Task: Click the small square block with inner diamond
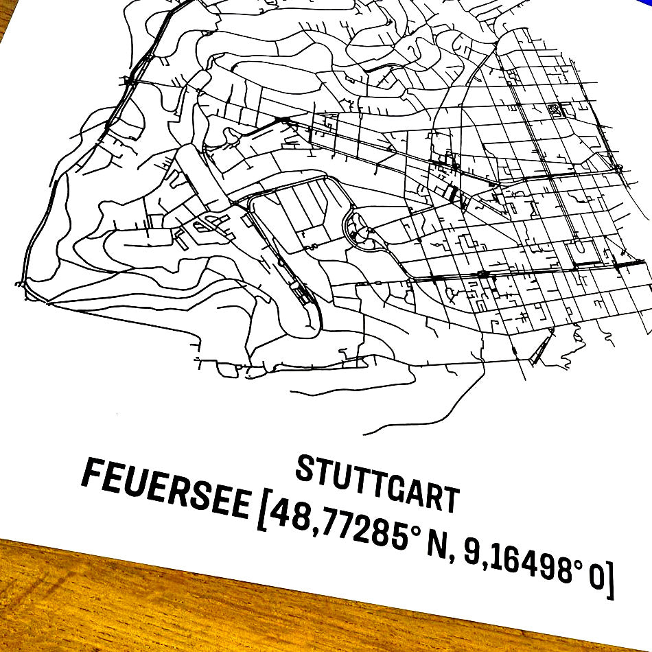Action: click(x=555, y=110)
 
